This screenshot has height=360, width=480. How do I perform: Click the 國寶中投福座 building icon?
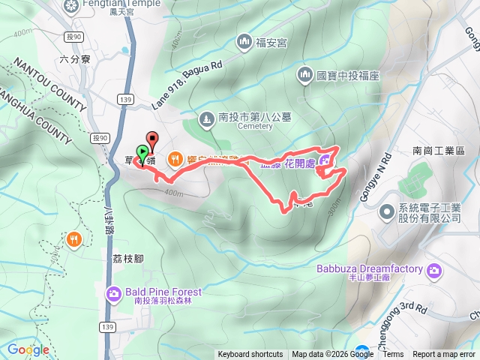tap(305, 74)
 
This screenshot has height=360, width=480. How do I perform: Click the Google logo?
tap(28, 349)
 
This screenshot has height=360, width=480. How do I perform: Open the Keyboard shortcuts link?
tap(250, 355)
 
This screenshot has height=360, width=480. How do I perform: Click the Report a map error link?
tap(444, 355)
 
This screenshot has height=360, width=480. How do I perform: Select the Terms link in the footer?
tap(393, 355)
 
